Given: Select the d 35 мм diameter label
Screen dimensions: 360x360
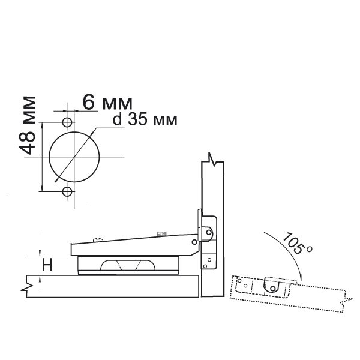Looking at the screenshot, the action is (145, 119).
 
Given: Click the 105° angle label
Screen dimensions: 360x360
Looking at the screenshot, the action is (296, 244).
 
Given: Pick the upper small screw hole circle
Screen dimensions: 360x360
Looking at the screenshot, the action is (67, 122).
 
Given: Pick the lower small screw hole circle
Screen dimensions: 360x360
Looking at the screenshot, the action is (67, 191).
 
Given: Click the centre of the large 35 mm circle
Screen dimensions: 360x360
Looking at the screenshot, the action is (74, 157).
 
